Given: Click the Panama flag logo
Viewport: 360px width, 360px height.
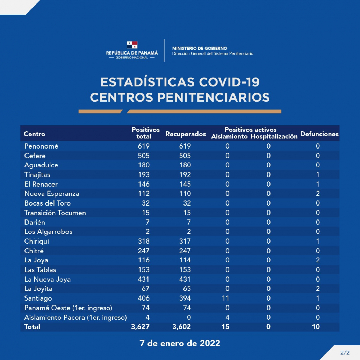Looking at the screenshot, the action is [x=132, y=45].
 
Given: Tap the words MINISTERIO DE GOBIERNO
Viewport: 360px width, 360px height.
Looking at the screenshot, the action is [x=200, y=48].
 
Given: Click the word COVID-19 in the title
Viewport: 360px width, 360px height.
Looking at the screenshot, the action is [x=229, y=82].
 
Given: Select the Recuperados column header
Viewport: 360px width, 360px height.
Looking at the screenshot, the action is [x=186, y=134].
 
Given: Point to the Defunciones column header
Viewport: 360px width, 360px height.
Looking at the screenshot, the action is [x=319, y=134].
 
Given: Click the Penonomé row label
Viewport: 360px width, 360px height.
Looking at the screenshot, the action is [x=41, y=146].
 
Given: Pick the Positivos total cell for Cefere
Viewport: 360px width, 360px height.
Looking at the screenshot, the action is [x=144, y=156].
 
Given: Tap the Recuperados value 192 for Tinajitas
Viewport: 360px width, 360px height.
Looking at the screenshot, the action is [x=185, y=175].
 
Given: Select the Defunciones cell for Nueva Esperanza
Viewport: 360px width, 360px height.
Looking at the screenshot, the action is [x=318, y=194].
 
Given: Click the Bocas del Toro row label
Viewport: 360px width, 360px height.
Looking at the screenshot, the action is [x=48, y=203].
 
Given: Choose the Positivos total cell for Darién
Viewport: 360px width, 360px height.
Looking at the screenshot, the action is [x=147, y=222].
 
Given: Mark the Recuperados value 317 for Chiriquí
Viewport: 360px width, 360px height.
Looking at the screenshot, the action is [x=185, y=241].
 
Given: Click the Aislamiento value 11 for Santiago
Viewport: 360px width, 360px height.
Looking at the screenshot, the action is [x=225, y=298].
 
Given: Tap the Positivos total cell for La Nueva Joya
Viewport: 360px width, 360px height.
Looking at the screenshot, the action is [x=144, y=279].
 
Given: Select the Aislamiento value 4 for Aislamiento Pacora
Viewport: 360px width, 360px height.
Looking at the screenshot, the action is [x=227, y=317].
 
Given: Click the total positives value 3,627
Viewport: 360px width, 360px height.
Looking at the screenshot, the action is [x=140, y=327].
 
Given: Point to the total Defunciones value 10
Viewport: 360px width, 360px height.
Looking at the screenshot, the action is [x=316, y=327].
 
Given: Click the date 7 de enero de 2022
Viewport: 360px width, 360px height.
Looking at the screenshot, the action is [x=180, y=343].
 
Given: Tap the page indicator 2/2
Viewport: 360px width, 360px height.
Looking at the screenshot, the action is [x=345, y=353].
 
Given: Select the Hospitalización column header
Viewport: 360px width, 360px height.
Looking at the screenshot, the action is [x=274, y=137].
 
